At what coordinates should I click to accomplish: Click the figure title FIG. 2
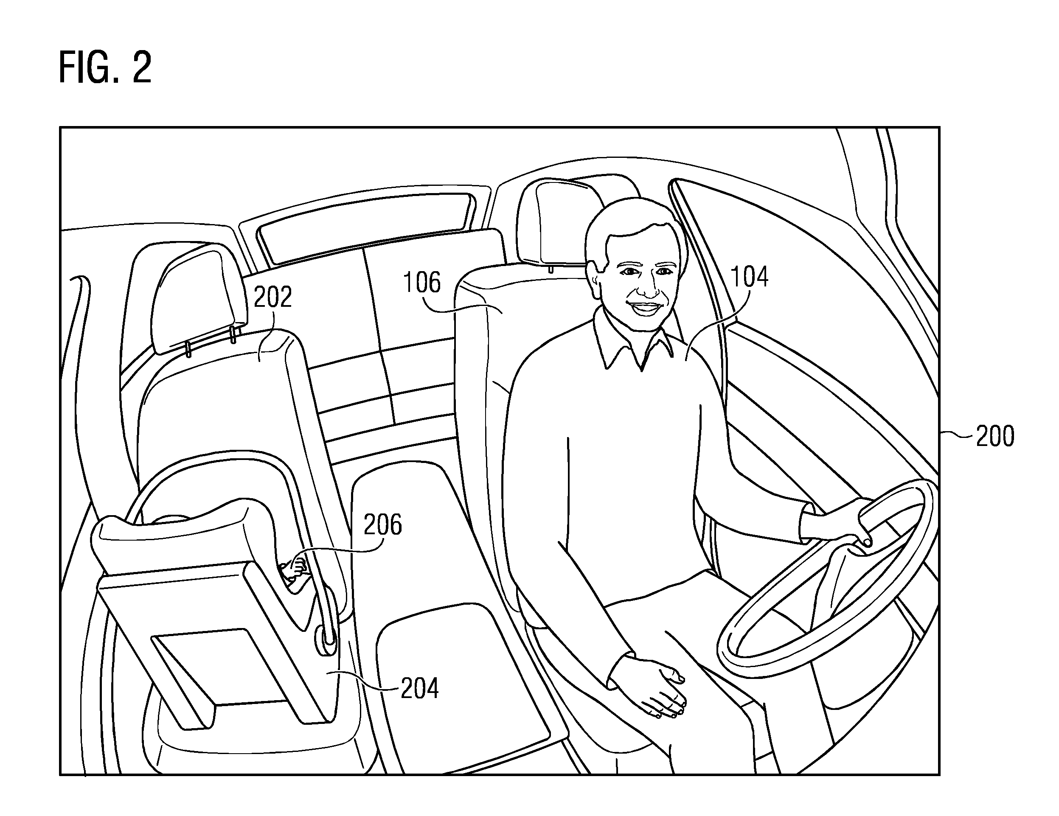pos(105,68)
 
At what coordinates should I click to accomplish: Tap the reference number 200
pos(995,436)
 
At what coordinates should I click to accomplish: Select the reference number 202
pos(273,297)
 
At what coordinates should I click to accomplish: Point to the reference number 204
pos(419,688)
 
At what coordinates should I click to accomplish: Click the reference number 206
pos(383,524)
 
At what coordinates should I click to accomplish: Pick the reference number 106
pos(422,282)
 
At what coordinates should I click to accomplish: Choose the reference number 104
pos(749,277)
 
